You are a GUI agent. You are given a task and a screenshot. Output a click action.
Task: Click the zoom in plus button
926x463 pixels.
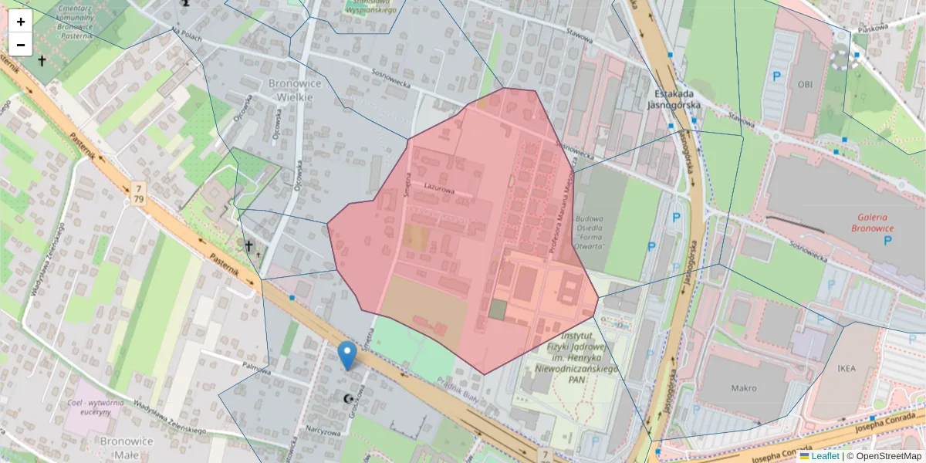(x=21, y=22)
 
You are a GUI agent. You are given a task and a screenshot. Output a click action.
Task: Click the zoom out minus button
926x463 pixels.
(x=21, y=45)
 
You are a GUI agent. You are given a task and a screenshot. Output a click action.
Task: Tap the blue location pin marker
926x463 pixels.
(x=348, y=355)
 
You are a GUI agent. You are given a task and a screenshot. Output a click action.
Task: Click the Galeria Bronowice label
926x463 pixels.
(x=872, y=222)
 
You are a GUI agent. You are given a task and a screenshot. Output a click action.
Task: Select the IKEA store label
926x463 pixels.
(x=847, y=369)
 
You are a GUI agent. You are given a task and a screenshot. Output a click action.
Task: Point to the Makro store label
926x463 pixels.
(x=743, y=387)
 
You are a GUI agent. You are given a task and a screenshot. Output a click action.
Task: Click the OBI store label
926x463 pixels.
(x=806, y=83)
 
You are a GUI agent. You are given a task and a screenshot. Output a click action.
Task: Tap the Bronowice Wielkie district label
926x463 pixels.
(x=290, y=90)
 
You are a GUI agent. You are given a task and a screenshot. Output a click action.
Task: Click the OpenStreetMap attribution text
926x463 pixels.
(x=888, y=456)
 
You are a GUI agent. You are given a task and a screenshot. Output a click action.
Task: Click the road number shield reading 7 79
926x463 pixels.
(x=138, y=194)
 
